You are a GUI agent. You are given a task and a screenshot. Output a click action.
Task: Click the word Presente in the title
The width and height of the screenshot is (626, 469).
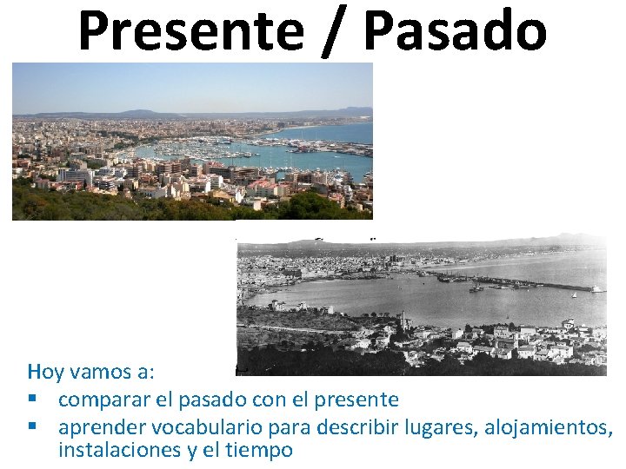190,30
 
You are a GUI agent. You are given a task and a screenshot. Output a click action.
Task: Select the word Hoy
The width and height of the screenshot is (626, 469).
43,373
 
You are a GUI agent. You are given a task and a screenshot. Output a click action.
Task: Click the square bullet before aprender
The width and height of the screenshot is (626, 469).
32,426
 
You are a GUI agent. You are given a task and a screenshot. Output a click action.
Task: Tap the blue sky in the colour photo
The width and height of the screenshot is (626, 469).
191,87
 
